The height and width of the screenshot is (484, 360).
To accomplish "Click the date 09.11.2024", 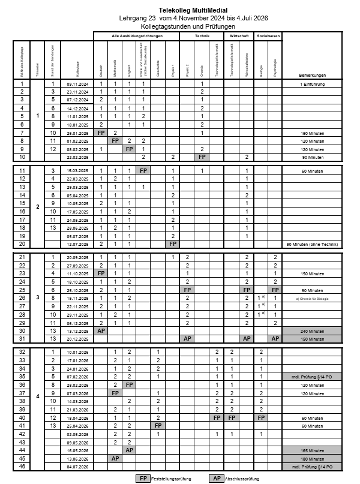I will coord(77,84).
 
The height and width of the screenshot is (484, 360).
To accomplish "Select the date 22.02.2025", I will coord(77,157).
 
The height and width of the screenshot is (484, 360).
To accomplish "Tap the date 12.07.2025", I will coord(77,244).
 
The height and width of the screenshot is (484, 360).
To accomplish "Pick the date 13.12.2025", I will coord(77,330).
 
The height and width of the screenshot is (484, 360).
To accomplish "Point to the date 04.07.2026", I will coord(77,466).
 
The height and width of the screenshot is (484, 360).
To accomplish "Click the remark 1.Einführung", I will coord(312,84).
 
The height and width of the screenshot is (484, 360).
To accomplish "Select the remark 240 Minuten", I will coord(312,330).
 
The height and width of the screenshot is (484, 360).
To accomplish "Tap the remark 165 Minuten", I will coord(312,450).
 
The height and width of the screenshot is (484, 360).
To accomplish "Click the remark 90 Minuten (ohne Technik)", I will coord(312,244).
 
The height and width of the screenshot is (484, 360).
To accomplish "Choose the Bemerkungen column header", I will coord(312,75).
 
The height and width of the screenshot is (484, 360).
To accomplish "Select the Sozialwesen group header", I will coord(268,37).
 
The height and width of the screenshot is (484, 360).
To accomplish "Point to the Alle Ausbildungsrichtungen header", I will coord(137,37).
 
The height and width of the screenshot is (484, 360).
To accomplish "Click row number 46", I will coord(22,466).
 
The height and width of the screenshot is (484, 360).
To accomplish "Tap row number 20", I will coord(22,244).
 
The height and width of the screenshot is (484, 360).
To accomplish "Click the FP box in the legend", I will coord(143,478).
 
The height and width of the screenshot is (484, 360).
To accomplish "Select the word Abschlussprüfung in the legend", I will coord(245,478).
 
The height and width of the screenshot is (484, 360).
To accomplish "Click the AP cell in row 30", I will coord(101,330).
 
